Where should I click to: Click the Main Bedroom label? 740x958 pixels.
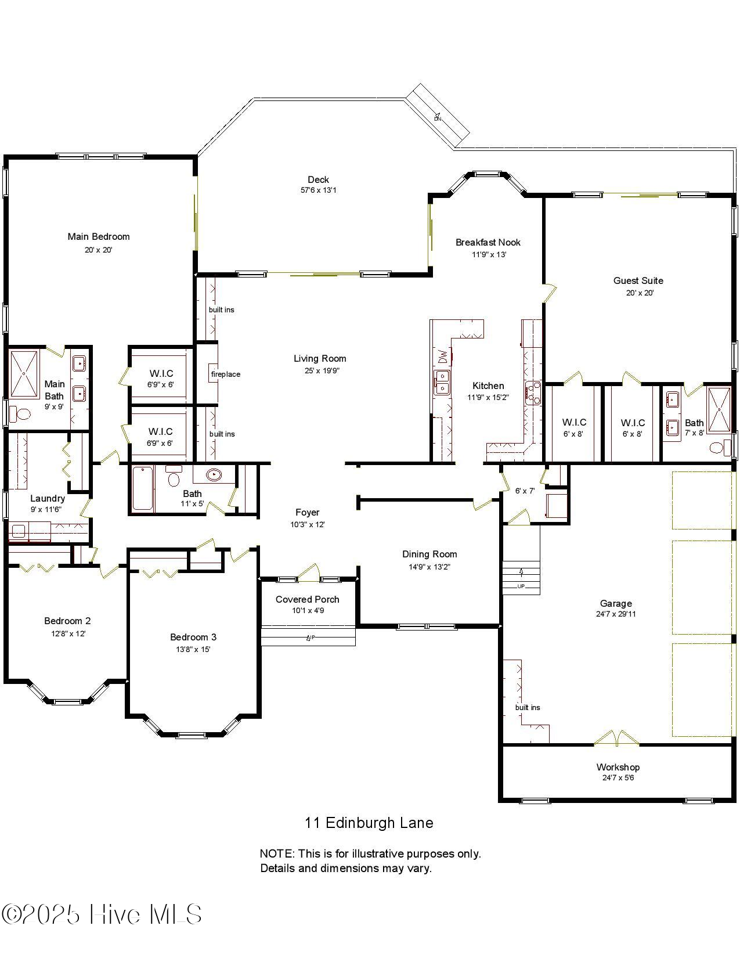[x=99, y=236]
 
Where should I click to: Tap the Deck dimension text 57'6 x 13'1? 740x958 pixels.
[x=318, y=190]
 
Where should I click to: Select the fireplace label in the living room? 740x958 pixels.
[x=225, y=374]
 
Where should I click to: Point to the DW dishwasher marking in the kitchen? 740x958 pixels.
[x=443, y=355]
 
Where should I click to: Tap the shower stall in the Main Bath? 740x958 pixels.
[x=24, y=374]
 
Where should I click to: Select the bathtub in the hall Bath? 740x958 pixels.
[x=143, y=489]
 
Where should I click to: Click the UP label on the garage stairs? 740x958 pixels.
[x=521, y=586]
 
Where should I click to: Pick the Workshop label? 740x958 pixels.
[x=618, y=767]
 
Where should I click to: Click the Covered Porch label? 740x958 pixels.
[x=307, y=599]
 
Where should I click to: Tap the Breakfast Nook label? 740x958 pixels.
[x=488, y=242]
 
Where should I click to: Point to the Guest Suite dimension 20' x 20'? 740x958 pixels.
[x=639, y=293]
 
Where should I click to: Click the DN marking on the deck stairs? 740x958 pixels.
[x=438, y=118]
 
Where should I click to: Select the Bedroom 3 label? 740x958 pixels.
[x=193, y=637]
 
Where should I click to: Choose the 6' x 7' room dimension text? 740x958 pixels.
[x=525, y=491]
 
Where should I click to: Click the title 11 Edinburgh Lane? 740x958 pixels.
[x=369, y=823]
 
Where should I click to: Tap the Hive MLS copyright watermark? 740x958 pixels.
[x=102, y=914]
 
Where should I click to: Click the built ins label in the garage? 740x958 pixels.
[x=528, y=707]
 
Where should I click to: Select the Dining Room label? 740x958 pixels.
[x=429, y=554]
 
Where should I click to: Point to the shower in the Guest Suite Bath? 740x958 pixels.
[x=719, y=410]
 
